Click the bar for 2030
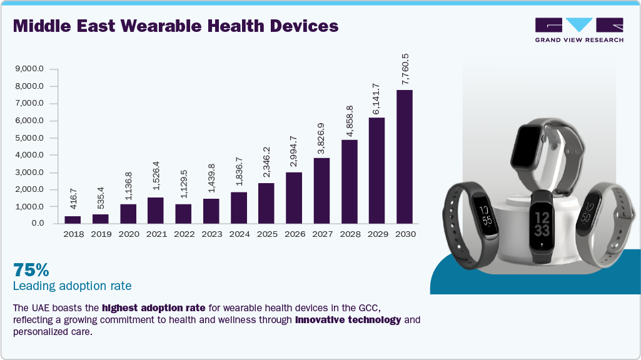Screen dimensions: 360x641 point(404,156)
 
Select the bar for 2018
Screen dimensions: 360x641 point(73,219)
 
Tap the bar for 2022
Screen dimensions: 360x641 point(183,213)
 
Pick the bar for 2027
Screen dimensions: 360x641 point(321,190)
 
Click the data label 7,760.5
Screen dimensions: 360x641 point(404,69)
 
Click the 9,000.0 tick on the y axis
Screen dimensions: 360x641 point(30,69)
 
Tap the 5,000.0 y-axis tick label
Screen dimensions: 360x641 point(30,138)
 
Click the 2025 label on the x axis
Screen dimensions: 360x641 point(266,234)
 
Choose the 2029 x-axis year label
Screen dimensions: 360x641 point(376,234)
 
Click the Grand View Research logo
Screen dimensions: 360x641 point(578,29)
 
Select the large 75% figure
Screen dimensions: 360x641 point(31,270)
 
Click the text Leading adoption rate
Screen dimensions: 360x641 point(72,286)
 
